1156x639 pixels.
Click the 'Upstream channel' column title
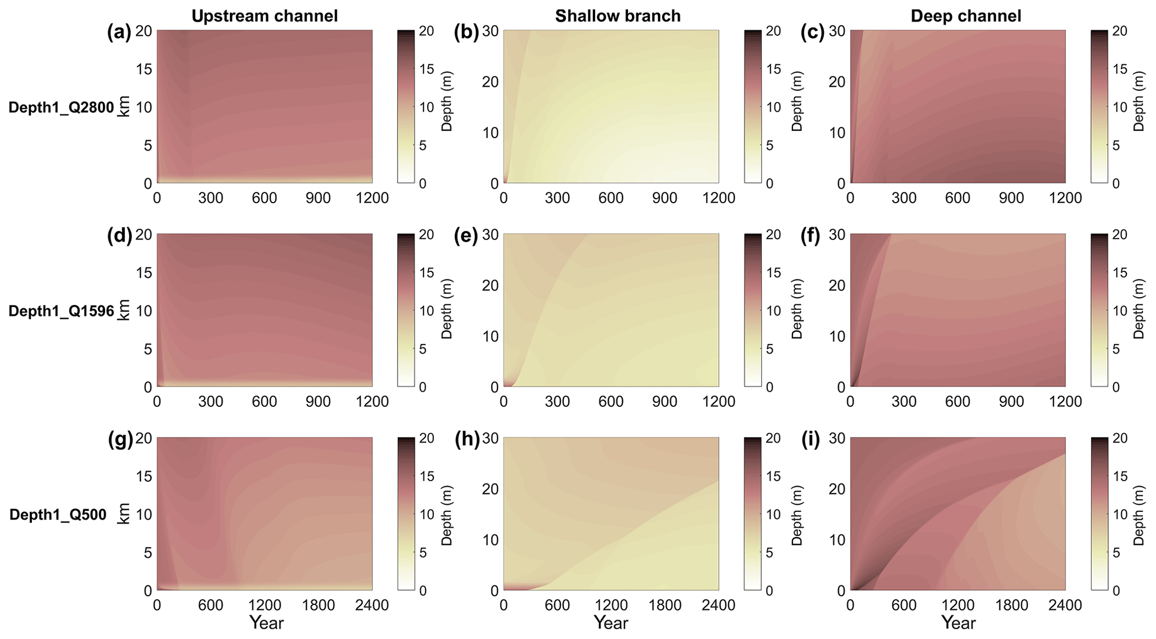point(265,16)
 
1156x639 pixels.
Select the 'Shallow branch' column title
point(617,16)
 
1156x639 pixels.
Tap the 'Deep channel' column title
point(966,16)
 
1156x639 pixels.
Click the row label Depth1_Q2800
point(61,107)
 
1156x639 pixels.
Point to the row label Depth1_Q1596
point(61,311)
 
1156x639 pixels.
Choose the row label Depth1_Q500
point(58,515)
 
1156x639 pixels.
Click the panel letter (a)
point(119,32)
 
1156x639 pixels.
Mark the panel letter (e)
point(466,236)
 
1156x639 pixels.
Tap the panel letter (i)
point(809,440)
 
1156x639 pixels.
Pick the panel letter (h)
point(466,440)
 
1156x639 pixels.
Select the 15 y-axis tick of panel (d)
point(144,272)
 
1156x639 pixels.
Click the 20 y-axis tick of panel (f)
point(837,285)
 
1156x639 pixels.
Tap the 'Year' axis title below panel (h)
point(611,623)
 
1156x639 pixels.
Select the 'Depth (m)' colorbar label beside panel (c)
point(1139,101)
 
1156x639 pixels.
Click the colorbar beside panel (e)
point(753,310)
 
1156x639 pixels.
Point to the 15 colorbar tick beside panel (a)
point(427,69)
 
